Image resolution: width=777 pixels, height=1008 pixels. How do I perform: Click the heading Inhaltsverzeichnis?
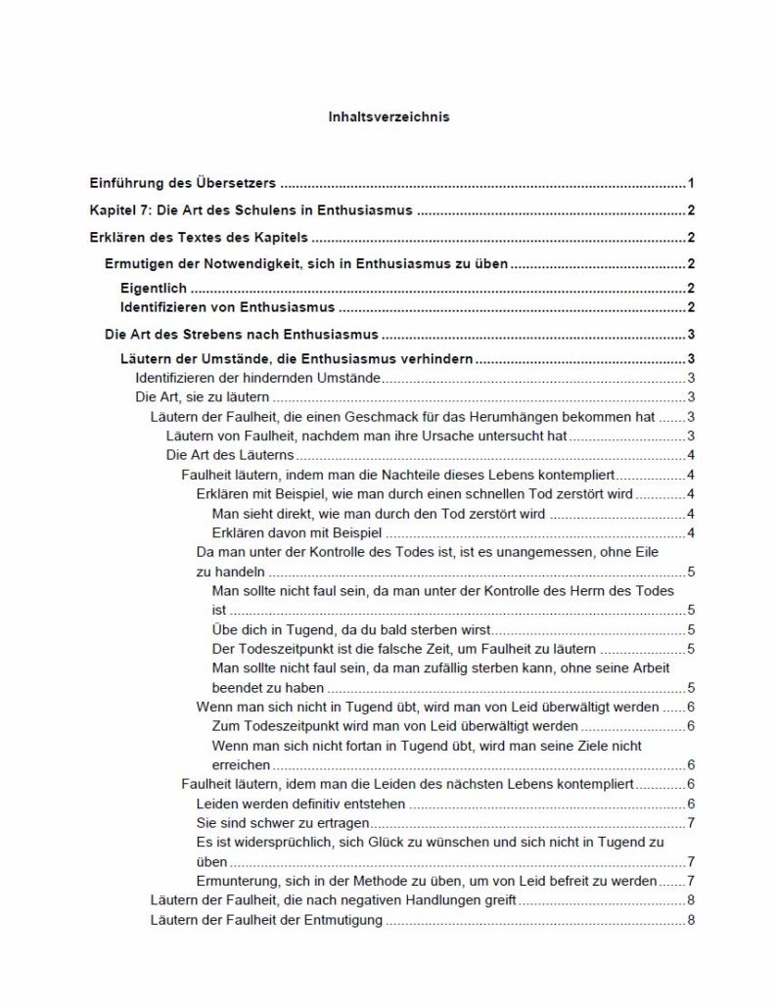(x=388, y=116)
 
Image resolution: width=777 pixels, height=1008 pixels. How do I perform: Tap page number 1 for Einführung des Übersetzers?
(x=691, y=183)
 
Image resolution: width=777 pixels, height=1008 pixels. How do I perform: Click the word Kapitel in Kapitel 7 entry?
(x=112, y=209)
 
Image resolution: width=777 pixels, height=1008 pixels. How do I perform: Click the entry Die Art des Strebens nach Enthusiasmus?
(x=242, y=334)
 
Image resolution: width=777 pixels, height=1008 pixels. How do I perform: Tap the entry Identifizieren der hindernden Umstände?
(x=257, y=378)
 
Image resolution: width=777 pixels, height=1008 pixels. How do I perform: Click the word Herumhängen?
(x=541, y=416)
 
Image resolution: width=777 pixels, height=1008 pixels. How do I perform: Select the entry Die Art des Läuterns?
(x=230, y=454)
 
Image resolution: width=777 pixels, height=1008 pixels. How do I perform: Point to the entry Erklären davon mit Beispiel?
(x=296, y=532)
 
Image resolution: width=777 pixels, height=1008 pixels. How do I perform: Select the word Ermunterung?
(x=242, y=881)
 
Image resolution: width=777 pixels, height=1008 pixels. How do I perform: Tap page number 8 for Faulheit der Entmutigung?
(x=691, y=920)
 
